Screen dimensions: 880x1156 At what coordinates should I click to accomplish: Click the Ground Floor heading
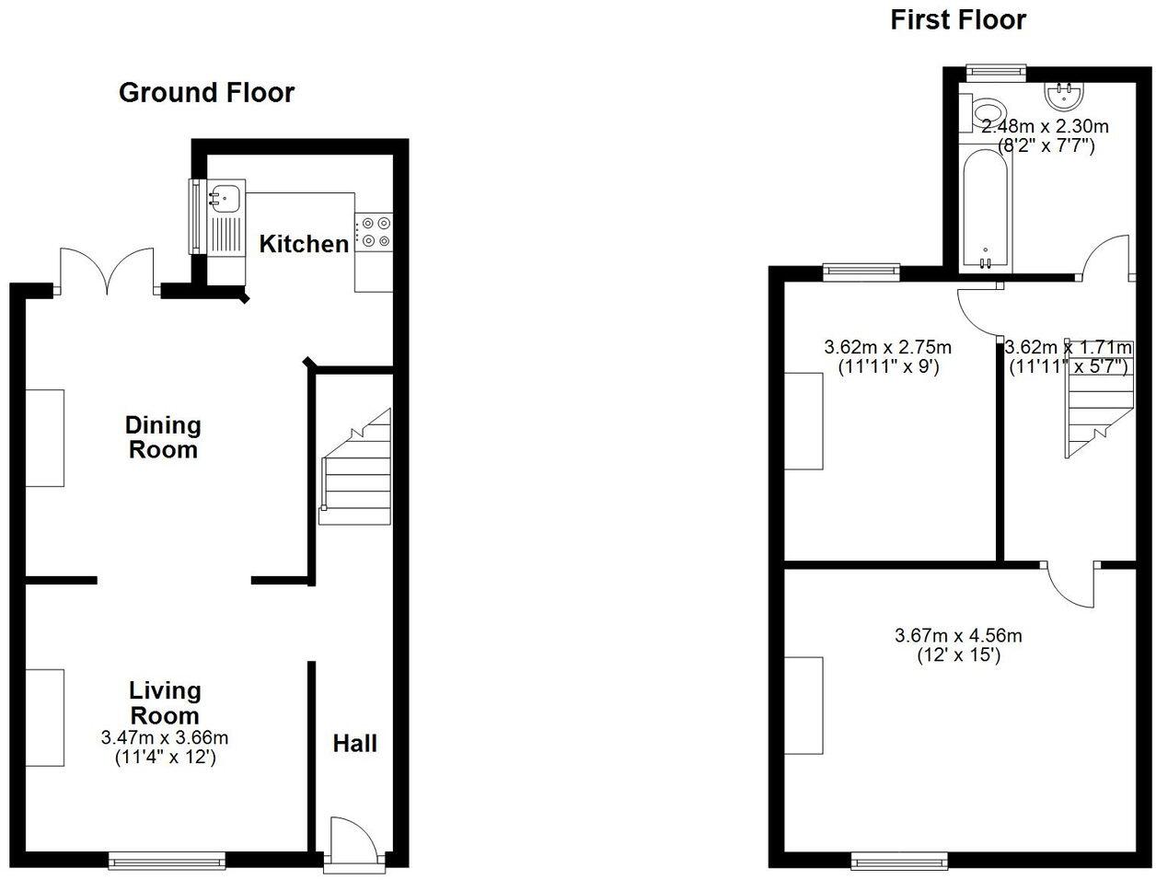click(207, 93)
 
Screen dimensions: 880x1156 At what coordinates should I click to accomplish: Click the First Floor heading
click(957, 20)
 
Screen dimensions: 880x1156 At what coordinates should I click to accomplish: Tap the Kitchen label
click(304, 244)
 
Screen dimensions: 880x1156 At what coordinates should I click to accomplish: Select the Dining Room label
click(163, 437)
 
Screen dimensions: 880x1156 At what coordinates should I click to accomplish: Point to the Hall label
click(355, 743)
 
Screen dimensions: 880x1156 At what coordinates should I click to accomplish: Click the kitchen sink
click(225, 196)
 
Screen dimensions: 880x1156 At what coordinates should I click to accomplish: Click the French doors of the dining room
click(109, 270)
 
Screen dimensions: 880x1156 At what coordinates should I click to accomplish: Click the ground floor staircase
click(354, 469)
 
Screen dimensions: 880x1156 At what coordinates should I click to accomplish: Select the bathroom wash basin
click(1067, 93)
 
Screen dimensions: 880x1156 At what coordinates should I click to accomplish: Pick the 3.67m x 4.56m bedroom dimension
click(958, 635)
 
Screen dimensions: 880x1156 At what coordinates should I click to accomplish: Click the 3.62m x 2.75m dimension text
click(887, 348)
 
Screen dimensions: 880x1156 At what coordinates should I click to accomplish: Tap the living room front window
click(167, 862)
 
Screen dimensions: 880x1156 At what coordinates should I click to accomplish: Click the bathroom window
click(996, 68)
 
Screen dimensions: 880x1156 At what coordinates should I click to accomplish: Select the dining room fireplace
click(45, 437)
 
